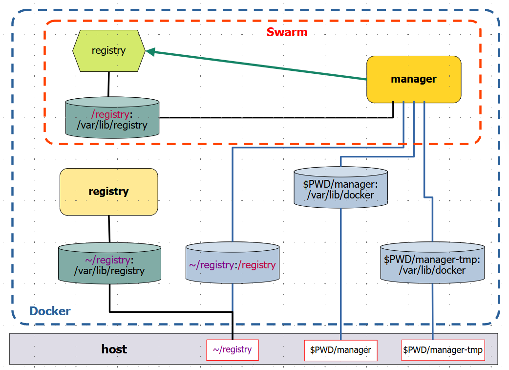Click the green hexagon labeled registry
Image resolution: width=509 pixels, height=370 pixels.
[x=108, y=51]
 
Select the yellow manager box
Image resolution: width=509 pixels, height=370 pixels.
[x=414, y=79]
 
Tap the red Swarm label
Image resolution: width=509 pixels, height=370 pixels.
[x=287, y=32]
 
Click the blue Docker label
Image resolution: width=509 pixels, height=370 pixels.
[x=50, y=311]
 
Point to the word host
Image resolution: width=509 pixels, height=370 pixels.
[x=114, y=349]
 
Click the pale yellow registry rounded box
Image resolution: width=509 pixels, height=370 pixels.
[x=108, y=192]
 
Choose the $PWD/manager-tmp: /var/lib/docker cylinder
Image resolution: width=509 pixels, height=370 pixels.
[x=432, y=264]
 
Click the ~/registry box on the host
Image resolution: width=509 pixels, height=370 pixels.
[x=232, y=350]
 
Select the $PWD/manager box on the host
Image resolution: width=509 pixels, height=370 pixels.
[x=340, y=350]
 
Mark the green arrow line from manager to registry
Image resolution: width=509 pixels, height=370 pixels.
[x=259, y=65]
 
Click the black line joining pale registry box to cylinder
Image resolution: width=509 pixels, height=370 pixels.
[x=109, y=228]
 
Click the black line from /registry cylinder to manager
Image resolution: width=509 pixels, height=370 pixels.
[x=274, y=117]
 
